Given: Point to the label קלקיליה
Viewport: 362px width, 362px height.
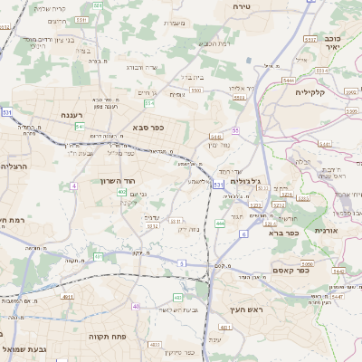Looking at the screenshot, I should click(x=335, y=92).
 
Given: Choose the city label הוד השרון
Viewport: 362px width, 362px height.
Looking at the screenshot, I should click(x=119, y=181).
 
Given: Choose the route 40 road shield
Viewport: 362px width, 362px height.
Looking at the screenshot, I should click(x=137, y=306).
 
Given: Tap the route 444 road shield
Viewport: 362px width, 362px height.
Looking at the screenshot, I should click(x=221, y=223).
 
